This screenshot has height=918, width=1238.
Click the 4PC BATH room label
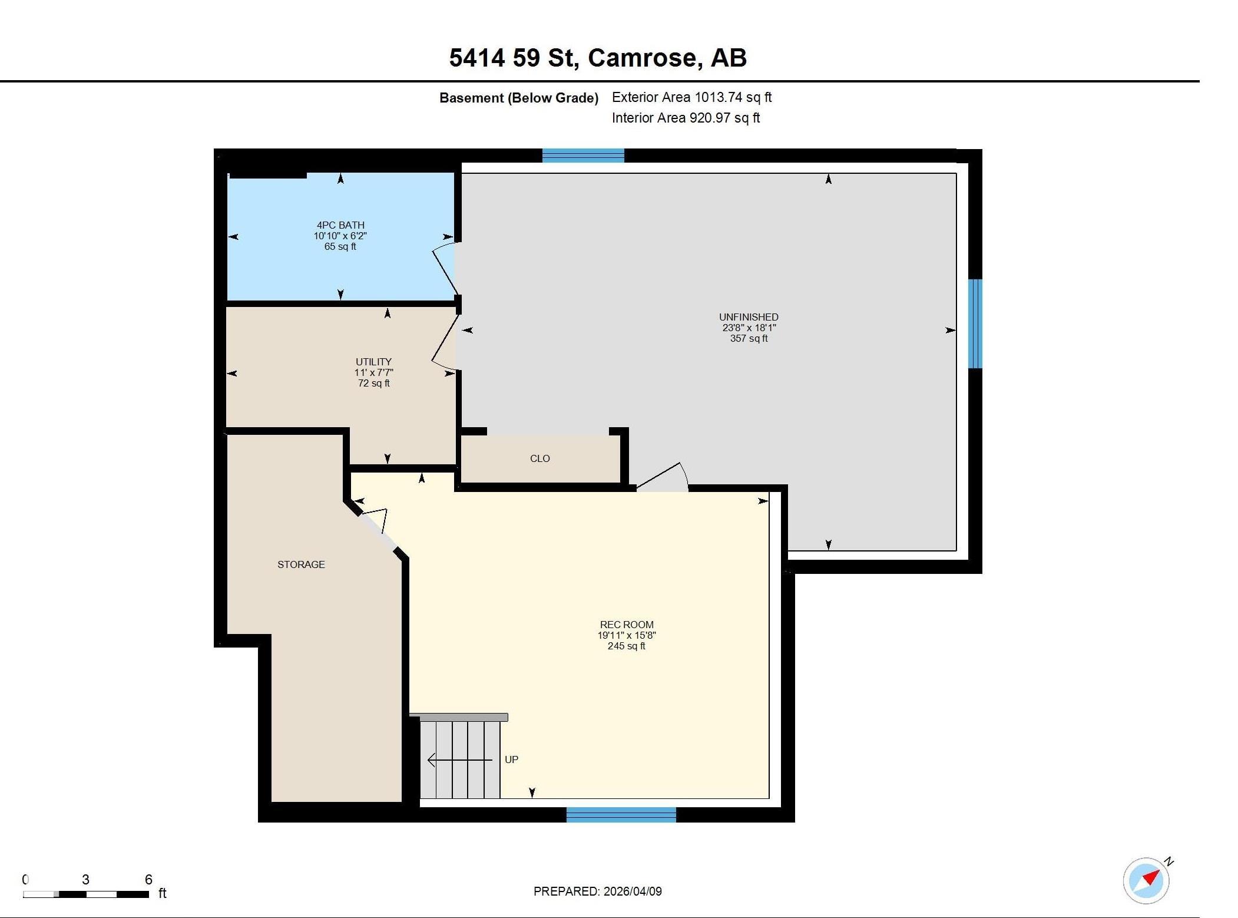[340, 225]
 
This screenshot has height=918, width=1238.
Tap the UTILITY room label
[373, 362]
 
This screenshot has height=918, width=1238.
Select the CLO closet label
[539, 458]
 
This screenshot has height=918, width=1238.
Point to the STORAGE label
[301, 564]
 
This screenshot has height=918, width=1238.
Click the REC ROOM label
[627, 625]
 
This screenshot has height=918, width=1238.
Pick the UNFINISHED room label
[749, 317]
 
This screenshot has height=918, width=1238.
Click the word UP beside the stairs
[511, 760]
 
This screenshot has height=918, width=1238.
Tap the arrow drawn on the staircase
[459, 760]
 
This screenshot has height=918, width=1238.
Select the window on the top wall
[583, 156]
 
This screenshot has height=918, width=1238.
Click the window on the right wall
[975, 323]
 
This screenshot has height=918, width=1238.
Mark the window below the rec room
[621, 815]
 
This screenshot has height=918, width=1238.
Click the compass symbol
[1146, 880]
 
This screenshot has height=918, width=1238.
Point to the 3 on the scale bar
[85, 880]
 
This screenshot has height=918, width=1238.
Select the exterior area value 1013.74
[718, 97]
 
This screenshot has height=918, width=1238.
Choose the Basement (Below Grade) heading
[519, 98]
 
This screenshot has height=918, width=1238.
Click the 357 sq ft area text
[749, 338]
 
